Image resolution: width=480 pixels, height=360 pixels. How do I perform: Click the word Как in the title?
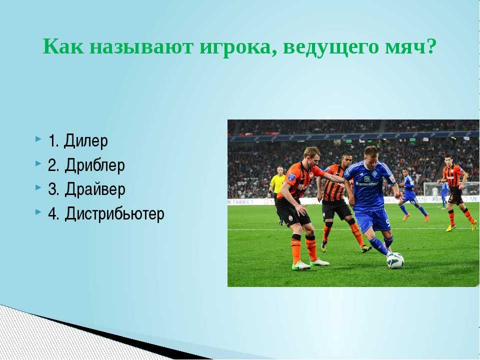point(63,46)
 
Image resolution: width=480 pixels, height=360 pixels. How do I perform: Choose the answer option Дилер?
point(86,141)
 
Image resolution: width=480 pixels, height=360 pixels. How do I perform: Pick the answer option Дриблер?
point(94,165)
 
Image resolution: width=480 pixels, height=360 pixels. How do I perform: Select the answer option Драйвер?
point(95,189)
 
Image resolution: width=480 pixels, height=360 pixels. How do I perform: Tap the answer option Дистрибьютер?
point(114,213)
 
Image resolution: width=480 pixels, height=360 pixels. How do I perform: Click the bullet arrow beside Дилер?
point(38,139)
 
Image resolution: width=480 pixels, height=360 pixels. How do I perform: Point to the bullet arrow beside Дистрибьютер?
point(38,211)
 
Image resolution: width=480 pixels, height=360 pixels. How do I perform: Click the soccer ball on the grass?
point(395,260)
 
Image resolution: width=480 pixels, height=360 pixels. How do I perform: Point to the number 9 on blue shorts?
point(388,222)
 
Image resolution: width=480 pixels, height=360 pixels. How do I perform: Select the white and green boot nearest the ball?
point(319,262)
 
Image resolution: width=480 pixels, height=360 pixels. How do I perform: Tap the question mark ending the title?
point(430,46)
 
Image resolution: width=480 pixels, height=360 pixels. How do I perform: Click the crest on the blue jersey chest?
point(374,174)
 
